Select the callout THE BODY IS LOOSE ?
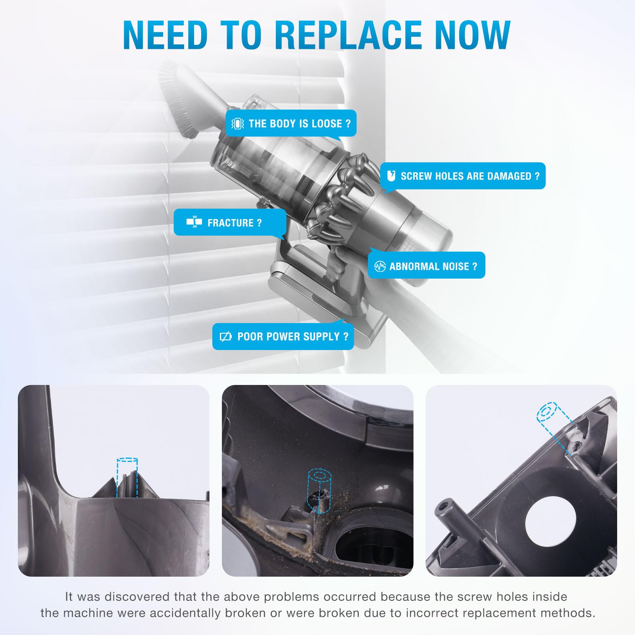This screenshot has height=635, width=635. tap(291, 123)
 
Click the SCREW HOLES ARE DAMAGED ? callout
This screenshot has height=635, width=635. tap(463, 176)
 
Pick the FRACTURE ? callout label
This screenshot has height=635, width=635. tap(230, 223)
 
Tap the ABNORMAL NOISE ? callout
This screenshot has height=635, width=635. tap(426, 266)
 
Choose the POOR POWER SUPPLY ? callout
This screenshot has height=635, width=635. tap(283, 337)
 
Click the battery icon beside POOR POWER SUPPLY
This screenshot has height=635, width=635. tap(225, 337)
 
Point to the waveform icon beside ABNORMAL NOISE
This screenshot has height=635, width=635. tap(380, 266)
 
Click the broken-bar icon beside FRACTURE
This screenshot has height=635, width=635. tap(194, 222)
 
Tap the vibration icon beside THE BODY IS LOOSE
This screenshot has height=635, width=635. tap(237, 124)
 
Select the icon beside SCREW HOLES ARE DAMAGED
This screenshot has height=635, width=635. tap(391, 175)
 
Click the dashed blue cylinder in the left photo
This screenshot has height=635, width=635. tap(127, 477)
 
